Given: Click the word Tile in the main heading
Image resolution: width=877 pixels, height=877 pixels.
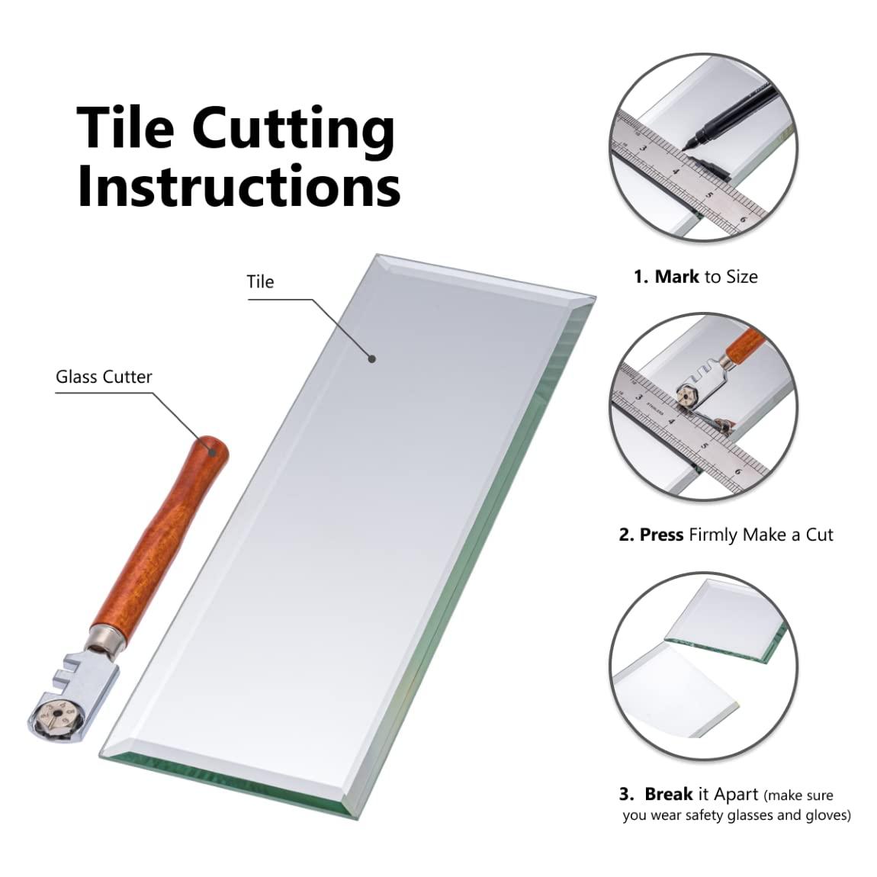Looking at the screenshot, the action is click(x=125, y=127).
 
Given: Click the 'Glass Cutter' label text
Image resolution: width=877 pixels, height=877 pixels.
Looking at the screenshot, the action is click(x=104, y=377).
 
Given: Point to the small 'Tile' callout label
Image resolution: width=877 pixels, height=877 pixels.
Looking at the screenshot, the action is click(x=260, y=282).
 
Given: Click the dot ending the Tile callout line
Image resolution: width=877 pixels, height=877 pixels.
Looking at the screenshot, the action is click(x=371, y=358).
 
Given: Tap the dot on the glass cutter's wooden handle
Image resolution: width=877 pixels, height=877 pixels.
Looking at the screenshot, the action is click(x=212, y=451).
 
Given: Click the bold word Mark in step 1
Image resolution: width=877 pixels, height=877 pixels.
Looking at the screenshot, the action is click(x=676, y=277).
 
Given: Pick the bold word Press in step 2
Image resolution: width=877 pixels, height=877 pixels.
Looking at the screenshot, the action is click(x=662, y=535).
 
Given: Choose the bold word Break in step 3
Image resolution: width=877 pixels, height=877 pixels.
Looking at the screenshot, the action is click(x=668, y=794).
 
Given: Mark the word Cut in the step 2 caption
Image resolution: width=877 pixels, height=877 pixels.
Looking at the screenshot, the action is click(x=819, y=535).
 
